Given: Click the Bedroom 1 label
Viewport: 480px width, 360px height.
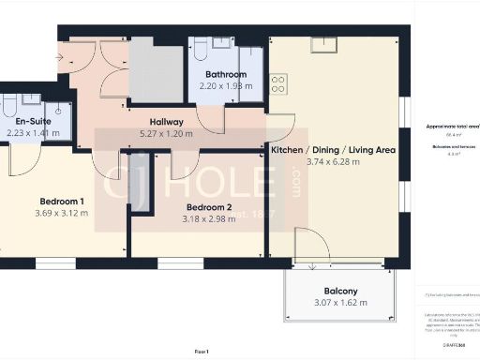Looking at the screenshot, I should (62, 202).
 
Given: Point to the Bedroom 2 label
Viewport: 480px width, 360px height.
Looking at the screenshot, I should (209, 207).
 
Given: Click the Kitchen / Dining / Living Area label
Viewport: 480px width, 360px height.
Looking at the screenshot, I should (334, 150).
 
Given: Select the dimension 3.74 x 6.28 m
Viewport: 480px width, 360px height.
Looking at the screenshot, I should (334, 162).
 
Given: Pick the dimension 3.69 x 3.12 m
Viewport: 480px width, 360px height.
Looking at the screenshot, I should (62, 214).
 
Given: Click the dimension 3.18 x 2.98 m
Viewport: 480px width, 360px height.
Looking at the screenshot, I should (209, 219).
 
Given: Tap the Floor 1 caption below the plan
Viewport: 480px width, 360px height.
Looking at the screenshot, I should (201, 350).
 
